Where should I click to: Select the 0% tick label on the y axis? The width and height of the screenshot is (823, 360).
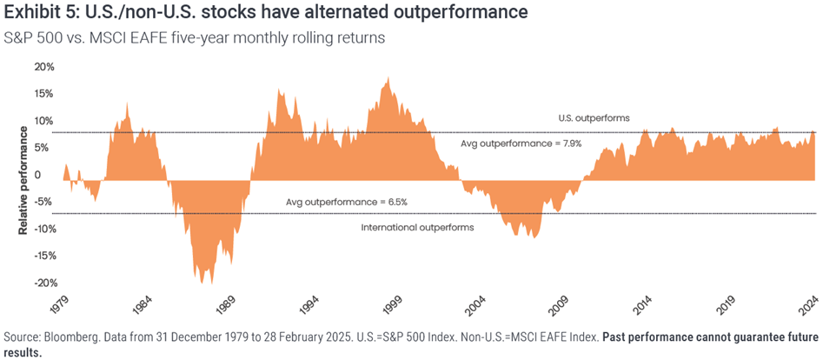tap(46, 175)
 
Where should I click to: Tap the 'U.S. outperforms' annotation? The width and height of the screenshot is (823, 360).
tap(594, 117)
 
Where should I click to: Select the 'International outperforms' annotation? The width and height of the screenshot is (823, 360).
tap(417, 227)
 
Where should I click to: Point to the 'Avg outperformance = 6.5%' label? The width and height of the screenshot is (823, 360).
tap(347, 202)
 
